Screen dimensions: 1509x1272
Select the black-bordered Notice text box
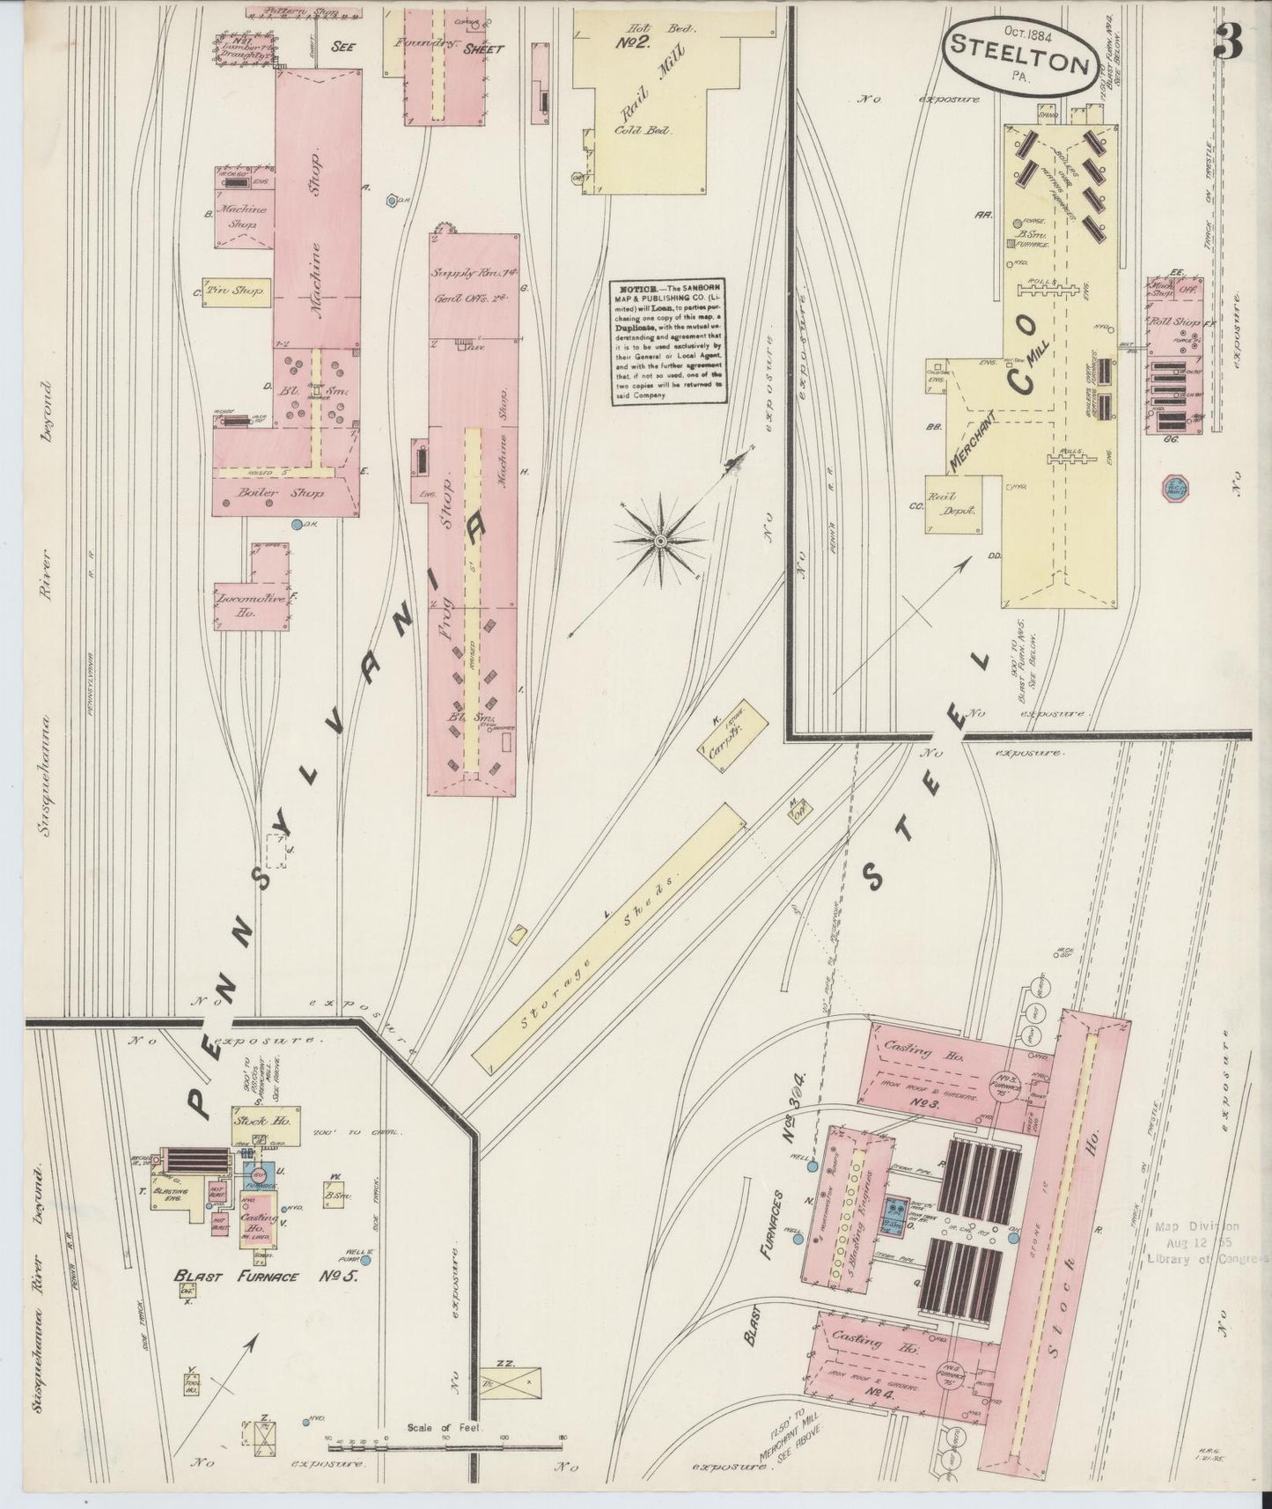[x=670, y=342]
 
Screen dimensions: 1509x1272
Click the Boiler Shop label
[x=269, y=495]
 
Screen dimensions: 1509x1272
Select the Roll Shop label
[x=1167, y=323]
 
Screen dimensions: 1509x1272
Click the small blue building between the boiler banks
[x=896, y=1215]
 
